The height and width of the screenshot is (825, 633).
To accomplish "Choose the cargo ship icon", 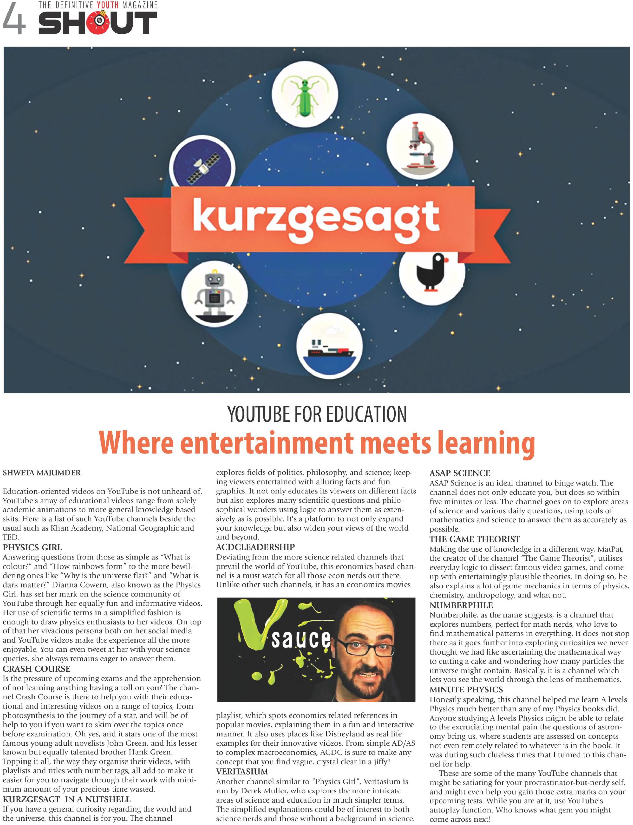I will [x=329, y=349].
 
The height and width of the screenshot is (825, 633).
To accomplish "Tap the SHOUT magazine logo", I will [x=98, y=23].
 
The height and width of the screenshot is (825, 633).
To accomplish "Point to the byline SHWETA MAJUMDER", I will [x=42, y=473].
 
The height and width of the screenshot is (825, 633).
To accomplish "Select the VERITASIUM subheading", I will [x=242, y=772].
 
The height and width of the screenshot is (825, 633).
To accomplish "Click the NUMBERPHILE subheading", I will [x=461, y=605].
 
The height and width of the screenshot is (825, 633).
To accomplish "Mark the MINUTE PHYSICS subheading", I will [x=466, y=690].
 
